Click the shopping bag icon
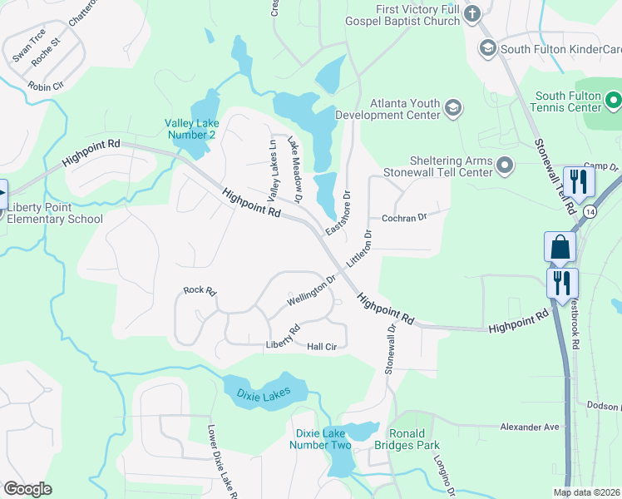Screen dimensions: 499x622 (x=560, y=247)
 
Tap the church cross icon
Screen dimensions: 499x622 (x=471, y=14)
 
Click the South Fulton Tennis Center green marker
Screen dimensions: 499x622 (x=614, y=102)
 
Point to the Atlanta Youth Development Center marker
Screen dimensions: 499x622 (x=453, y=107)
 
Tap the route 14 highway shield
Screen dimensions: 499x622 (x=588, y=212)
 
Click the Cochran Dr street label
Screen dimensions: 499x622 (x=403, y=218)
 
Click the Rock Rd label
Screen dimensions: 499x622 (x=200, y=291)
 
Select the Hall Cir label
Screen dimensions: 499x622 (x=322, y=347)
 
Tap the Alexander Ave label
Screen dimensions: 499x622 (x=530, y=426)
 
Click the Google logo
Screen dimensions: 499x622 (x=27, y=489)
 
